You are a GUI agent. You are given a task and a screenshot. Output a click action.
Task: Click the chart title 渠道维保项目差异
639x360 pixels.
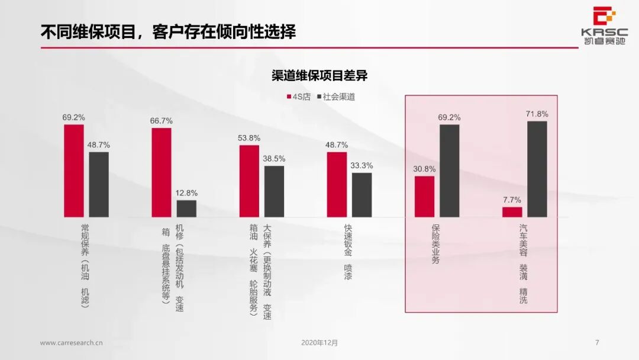[x=319, y=75]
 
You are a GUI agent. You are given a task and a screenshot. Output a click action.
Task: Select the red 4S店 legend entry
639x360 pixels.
[x=298, y=97]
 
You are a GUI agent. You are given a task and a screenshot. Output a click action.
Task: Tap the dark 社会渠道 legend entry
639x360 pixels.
[x=335, y=97]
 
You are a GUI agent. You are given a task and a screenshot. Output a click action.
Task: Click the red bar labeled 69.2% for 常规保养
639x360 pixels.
[x=74, y=171]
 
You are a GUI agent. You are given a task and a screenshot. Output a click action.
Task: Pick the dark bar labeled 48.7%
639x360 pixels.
[x=99, y=184]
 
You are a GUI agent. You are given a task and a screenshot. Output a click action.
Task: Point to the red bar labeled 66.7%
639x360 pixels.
[x=162, y=172]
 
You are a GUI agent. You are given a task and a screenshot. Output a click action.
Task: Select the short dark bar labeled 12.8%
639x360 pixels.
[x=186, y=208]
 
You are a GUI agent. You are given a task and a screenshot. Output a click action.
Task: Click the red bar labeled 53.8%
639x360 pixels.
[x=249, y=181]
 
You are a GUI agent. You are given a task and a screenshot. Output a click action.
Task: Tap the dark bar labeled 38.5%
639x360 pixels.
[x=274, y=191]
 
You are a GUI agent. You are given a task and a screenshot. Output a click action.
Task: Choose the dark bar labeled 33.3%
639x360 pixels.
[x=362, y=195]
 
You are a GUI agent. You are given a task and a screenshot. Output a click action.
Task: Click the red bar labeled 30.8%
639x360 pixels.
[x=424, y=197]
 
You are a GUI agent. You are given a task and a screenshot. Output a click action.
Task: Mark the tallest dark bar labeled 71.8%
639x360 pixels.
[x=537, y=169]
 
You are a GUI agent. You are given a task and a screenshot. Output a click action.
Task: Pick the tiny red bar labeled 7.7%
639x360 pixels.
[x=512, y=211]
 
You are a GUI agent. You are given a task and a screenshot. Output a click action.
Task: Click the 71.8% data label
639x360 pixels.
[x=537, y=114]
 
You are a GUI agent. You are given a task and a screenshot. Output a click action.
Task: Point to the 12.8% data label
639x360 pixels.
[x=186, y=193]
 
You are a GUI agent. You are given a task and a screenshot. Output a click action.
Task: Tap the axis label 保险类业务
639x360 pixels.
[x=436, y=244]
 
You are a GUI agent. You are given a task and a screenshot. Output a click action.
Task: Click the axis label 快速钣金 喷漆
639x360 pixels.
[x=348, y=252]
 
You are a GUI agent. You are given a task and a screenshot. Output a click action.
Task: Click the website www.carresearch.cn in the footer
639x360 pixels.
[x=72, y=342]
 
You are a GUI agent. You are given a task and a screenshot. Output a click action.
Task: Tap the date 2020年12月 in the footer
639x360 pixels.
[x=319, y=342]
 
